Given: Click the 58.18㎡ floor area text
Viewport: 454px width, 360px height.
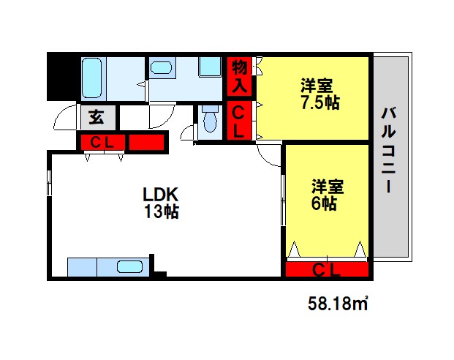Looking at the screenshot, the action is tap(338, 304).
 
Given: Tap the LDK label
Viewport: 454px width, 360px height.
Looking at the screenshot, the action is tap(160, 195).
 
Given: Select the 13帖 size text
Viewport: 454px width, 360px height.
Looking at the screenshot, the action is tap(162, 211).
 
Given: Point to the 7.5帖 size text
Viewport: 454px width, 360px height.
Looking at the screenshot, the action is tap(320, 102).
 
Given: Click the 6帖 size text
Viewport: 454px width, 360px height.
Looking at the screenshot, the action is tap(324, 203).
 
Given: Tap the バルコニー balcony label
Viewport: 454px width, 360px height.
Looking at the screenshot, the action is tap(388, 149).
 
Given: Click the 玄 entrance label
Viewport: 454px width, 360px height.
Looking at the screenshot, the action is tap(97, 117).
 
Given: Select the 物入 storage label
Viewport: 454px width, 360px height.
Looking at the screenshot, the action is tap(240, 76).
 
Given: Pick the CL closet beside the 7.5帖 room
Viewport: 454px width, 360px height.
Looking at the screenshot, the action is tap(238, 121).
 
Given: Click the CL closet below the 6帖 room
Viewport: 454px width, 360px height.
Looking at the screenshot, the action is tap(328, 270).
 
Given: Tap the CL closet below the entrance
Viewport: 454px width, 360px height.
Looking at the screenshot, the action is tap(102, 143).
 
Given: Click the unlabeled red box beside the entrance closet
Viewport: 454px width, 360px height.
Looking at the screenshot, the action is tap(146, 143).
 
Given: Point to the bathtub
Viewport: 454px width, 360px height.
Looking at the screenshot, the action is tap(92, 78).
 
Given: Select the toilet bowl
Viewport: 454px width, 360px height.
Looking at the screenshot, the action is tap(211, 121).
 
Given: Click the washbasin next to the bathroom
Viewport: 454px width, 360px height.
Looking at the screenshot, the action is tap(161, 68).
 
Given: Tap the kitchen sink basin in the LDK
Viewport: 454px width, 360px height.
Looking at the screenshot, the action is tap(129, 267).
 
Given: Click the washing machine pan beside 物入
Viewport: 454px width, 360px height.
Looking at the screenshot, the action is tap(211, 67).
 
